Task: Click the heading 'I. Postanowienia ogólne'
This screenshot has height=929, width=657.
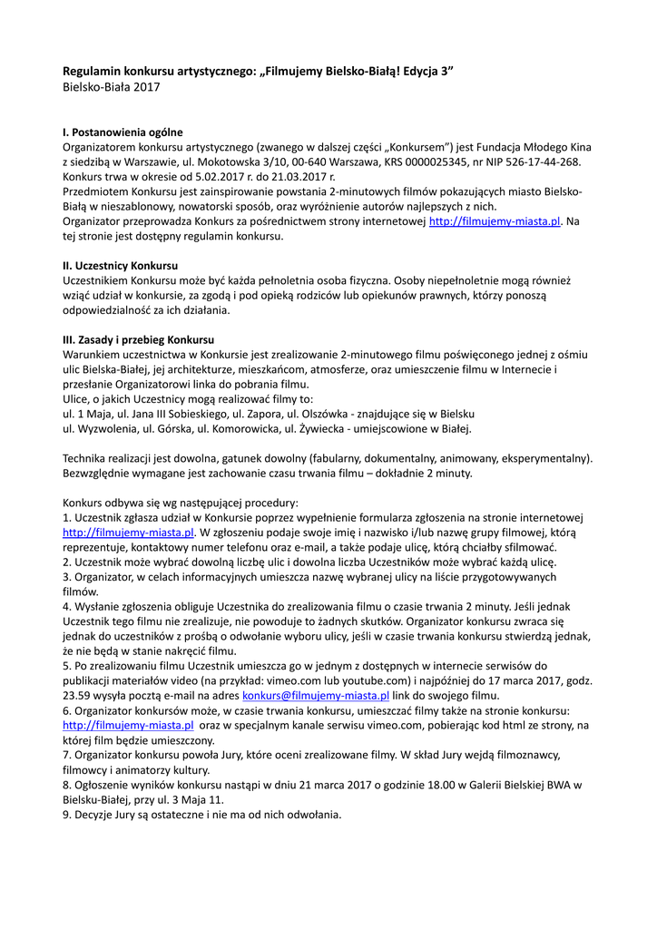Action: [123, 132]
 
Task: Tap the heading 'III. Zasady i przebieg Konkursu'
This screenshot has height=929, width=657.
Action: [137, 338]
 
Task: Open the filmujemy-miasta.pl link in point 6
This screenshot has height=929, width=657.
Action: [128, 726]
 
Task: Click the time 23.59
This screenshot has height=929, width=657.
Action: [77, 695]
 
